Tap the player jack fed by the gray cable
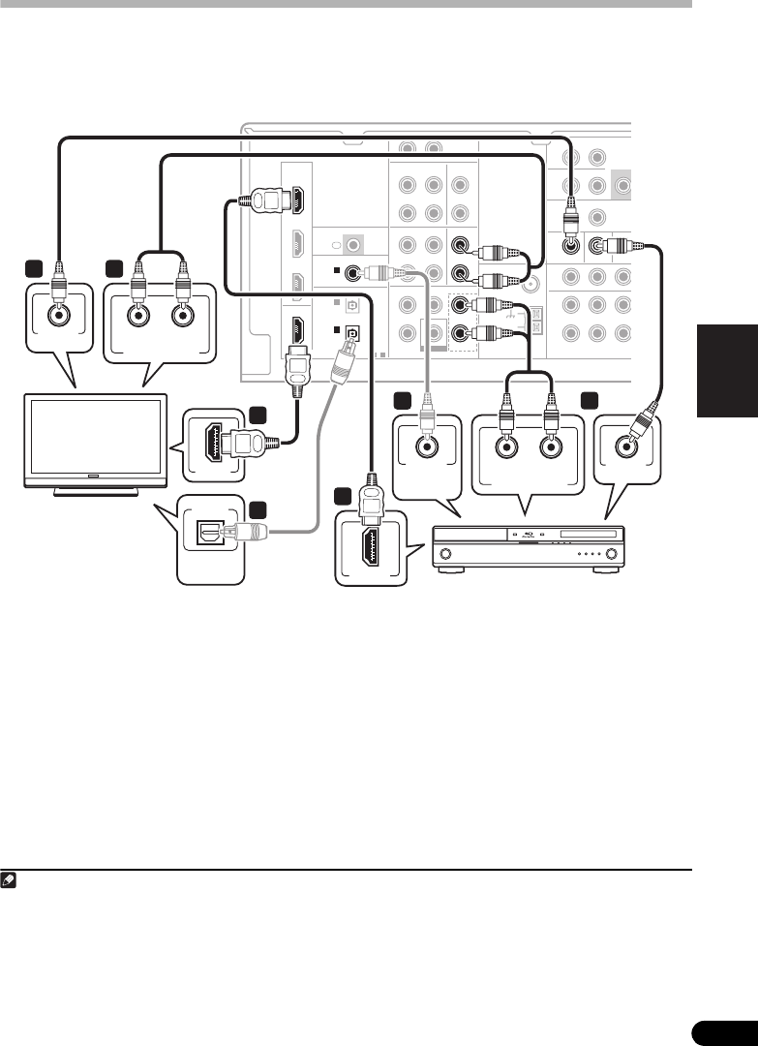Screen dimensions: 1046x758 (426, 447)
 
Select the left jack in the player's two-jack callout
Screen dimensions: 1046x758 (504, 447)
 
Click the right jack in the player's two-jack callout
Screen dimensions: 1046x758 (550, 447)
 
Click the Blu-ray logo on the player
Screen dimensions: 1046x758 (528, 535)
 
